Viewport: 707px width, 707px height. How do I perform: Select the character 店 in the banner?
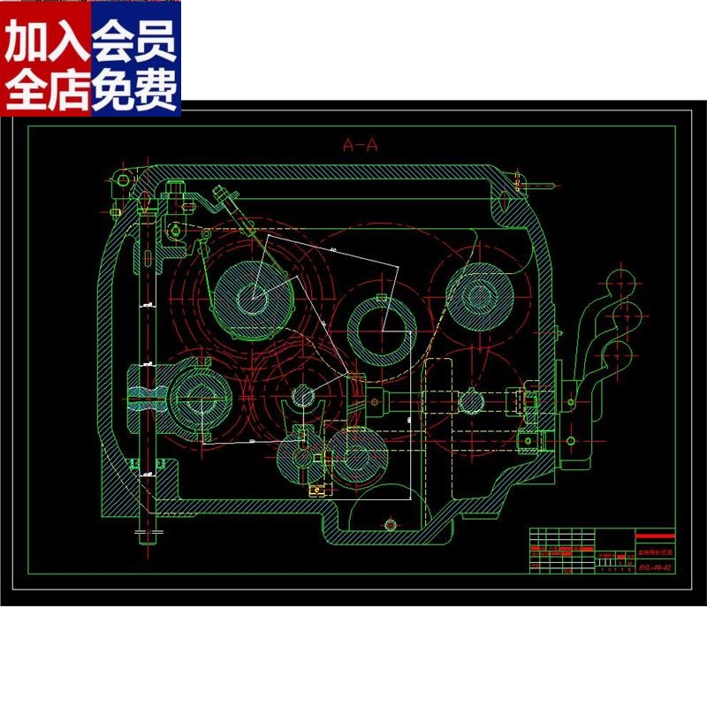[69, 89]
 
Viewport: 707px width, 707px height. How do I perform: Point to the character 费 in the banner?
[157, 89]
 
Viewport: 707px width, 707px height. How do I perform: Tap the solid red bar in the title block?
[654, 536]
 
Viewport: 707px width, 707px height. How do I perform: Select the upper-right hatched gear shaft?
[482, 292]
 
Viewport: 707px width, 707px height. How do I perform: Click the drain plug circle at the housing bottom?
[389, 526]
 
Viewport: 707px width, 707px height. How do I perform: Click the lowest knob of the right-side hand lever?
[617, 357]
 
